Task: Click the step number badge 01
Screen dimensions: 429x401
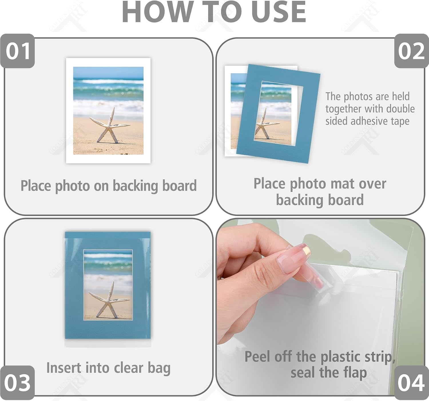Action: pyautogui.click(x=17, y=51)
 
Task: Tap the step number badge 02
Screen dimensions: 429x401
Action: pyautogui.click(x=412, y=51)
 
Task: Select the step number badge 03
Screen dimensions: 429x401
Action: pyautogui.click(x=17, y=383)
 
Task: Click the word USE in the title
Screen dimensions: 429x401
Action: pyautogui.click(x=279, y=12)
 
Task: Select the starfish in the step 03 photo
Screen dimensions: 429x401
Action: pyautogui.click(x=109, y=300)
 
